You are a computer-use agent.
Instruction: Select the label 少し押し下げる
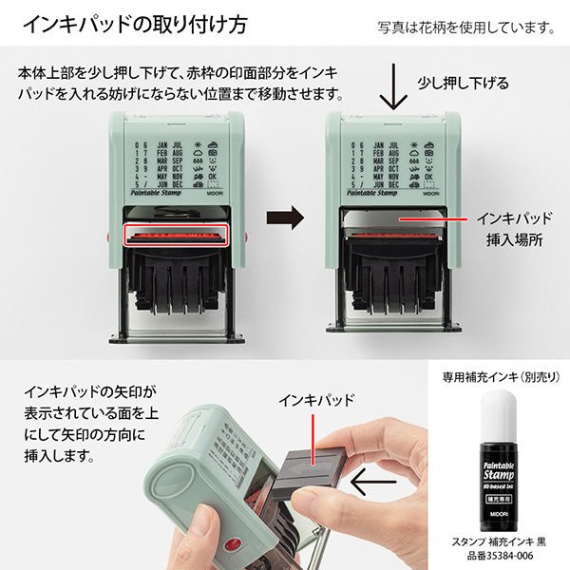(464, 84)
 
